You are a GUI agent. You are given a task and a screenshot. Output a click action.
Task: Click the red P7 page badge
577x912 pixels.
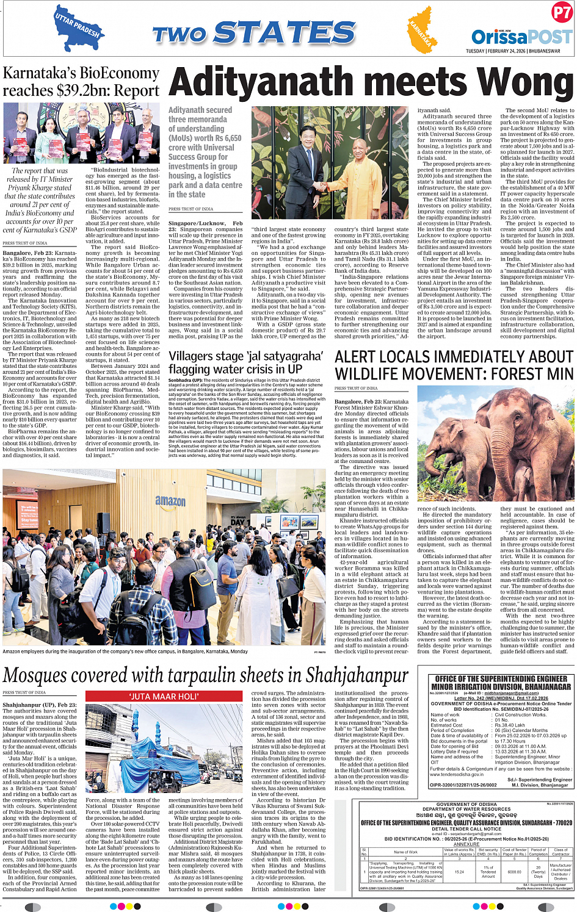(x=561, y=13)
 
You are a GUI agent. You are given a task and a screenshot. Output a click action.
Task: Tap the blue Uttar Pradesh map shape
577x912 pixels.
(x=77, y=25)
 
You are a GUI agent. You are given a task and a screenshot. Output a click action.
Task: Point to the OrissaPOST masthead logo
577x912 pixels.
(x=521, y=37)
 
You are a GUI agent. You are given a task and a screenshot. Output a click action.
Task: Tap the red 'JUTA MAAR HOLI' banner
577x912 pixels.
(x=164, y=696)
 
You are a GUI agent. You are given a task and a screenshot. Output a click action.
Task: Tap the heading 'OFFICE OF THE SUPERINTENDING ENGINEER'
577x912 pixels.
(x=501, y=679)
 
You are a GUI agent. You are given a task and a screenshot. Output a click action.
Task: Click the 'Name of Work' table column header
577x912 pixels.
(x=405, y=852)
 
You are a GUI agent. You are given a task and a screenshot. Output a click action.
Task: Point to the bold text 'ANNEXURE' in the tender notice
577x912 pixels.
(x=466, y=844)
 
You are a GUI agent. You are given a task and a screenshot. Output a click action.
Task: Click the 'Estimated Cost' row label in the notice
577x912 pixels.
(x=447, y=725)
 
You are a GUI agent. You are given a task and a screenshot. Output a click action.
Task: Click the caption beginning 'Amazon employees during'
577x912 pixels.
(x=125, y=652)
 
